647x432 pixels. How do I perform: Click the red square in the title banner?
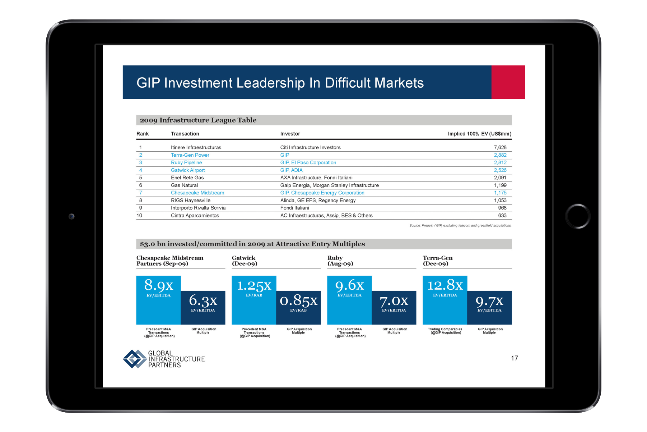point(508,82)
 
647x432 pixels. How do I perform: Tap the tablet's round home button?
point(578,216)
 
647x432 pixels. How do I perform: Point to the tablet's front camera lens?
point(72,216)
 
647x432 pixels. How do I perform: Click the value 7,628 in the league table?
point(500,147)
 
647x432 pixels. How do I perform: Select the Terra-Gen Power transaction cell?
point(190,155)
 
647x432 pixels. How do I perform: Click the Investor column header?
point(290,134)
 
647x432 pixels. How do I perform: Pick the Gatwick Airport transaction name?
point(188,170)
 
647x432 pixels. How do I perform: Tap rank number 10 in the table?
point(139,216)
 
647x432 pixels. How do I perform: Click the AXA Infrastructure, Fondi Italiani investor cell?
point(316,178)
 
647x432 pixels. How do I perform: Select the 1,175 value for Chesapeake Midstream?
point(500,193)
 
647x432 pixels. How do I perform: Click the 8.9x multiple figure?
point(159,285)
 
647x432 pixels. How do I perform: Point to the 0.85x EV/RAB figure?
point(298,300)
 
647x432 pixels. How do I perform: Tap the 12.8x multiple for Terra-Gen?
point(445,285)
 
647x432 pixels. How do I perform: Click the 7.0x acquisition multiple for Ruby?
point(394,301)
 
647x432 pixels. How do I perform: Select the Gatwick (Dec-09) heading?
point(245,261)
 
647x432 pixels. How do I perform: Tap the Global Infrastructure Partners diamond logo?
point(134,359)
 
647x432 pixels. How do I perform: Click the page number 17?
point(515,358)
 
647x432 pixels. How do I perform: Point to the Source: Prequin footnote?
point(460,226)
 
